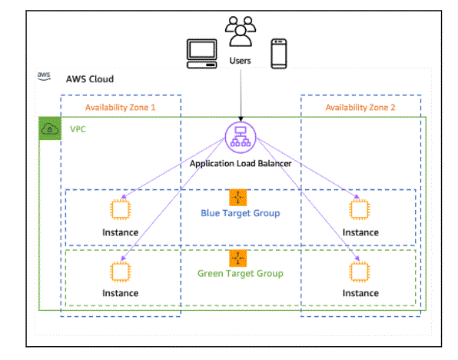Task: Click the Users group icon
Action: [x=241, y=32]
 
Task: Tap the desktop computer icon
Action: [x=202, y=54]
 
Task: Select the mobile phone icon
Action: [x=279, y=54]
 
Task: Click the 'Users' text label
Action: [x=240, y=61]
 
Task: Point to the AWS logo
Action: [x=44, y=76]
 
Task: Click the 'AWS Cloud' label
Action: [x=90, y=79]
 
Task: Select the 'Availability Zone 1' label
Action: [x=120, y=108]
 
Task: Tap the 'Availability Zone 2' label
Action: [x=360, y=108]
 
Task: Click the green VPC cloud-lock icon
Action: [x=50, y=128]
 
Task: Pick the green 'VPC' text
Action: [x=78, y=129]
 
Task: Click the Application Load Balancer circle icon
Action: [x=241, y=138]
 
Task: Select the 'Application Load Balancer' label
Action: [x=241, y=164]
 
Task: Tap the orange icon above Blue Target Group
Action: [x=237, y=198]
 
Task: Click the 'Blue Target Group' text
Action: [x=240, y=213]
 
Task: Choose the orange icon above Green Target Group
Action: [x=237, y=258]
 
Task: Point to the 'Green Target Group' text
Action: [x=240, y=274]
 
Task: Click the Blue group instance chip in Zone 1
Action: [x=120, y=209]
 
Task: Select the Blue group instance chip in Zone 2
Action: [x=360, y=209]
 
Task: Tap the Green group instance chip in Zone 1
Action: [x=120, y=272]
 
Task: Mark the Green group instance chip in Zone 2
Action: [x=360, y=272]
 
